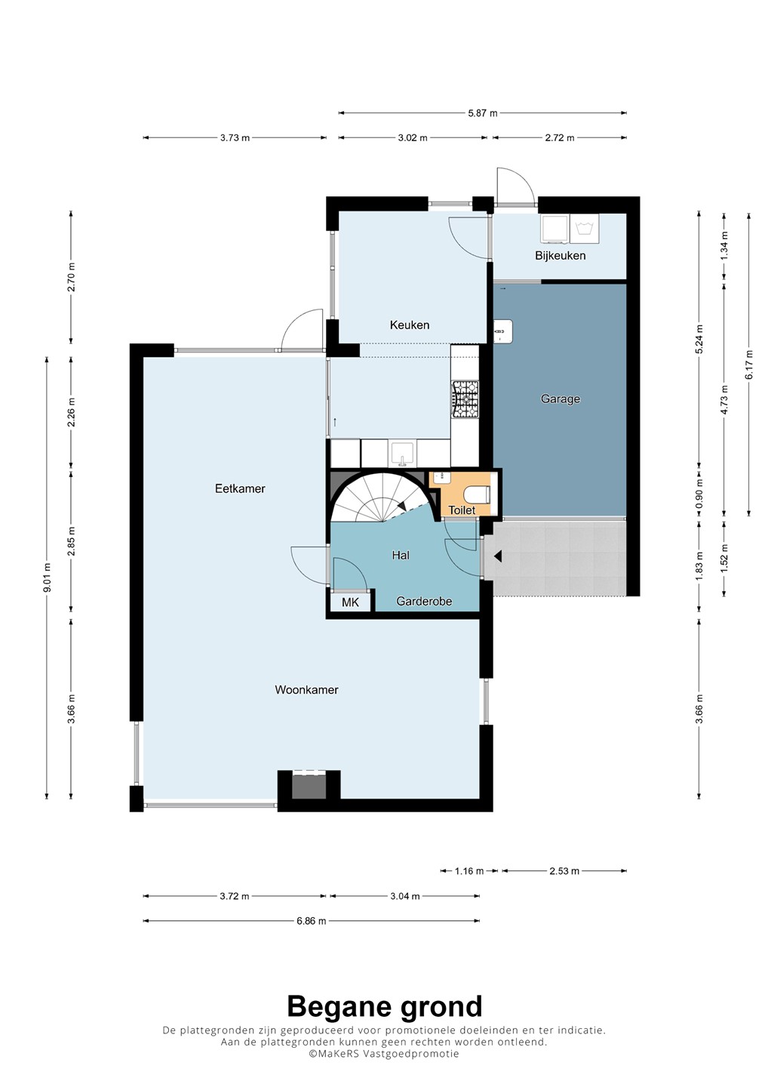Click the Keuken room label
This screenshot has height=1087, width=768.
pyautogui.click(x=409, y=325)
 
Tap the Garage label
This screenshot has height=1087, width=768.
pyautogui.click(x=560, y=399)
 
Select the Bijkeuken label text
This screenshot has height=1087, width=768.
pyautogui.click(x=560, y=255)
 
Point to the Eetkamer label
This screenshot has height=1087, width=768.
pyautogui.click(x=240, y=488)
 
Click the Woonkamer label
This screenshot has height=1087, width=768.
pyautogui.click(x=306, y=690)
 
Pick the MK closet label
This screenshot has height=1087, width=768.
pyautogui.click(x=350, y=602)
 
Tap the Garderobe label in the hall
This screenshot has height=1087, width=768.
pyautogui.click(x=424, y=601)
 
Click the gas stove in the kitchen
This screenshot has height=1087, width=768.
pyautogui.click(x=465, y=399)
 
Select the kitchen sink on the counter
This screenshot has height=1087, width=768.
pyautogui.click(x=402, y=453)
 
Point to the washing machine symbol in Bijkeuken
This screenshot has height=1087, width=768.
pyautogui.click(x=584, y=228)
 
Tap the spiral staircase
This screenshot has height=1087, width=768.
pyautogui.click(x=382, y=497)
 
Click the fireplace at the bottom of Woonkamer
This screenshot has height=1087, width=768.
pyautogui.click(x=309, y=785)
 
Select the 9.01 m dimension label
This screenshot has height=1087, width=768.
pyautogui.click(x=47, y=578)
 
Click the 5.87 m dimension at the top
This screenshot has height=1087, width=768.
pyautogui.click(x=482, y=113)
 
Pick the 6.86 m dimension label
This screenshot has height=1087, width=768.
pyautogui.click(x=312, y=921)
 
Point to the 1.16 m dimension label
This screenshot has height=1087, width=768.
pyautogui.click(x=468, y=870)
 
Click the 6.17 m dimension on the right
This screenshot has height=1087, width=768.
pyautogui.click(x=749, y=364)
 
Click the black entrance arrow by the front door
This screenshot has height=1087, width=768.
pyautogui.click(x=497, y=556)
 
